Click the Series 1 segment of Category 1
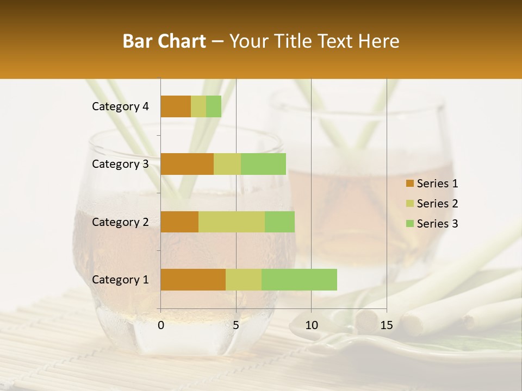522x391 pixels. [x=193, y=280]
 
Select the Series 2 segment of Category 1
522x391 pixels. [x=244, y=280]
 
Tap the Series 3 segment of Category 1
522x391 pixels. [x=299, y=280]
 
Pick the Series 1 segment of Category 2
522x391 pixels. [x=179, y=222]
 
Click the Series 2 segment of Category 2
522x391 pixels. [x=232, y=222]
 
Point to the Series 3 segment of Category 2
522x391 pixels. [x=279, y=222]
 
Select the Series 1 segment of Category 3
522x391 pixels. [x=187, y=164]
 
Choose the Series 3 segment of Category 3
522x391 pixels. [x=263, y=164]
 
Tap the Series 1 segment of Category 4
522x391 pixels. [x=176, y=106]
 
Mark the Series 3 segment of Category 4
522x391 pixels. [x=214, y=106]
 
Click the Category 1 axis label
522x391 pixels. [x=120, y=280]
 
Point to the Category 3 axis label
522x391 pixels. [x=120, y=164]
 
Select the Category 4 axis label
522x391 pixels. [x=120, y=106]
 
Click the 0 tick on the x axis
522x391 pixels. [x=161, y=325]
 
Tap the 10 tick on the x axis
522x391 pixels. [x=311, y=325]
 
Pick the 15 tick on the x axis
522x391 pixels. [x=386, y=325]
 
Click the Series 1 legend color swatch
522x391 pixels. [x=409, y=184]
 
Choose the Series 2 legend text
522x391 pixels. [x=437, y=204]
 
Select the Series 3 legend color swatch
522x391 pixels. [x=409, y=224]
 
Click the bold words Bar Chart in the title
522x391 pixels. [x=164, y=41]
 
